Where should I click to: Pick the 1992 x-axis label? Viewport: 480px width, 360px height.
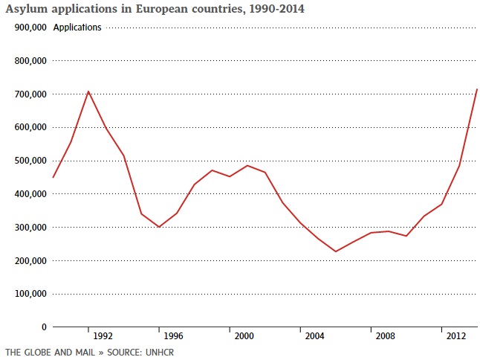coord(103,335)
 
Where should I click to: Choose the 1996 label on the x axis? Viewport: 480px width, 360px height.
coord(174,335)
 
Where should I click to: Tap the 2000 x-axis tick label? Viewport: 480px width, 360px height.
coord(244,335)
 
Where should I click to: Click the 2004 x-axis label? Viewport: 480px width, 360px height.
coord(315,335)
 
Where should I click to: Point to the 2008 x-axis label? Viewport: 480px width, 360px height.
coord(386,335)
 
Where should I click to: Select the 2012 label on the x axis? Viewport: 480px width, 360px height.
coord(456,335)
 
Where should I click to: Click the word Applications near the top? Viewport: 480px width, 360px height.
coord(77,28)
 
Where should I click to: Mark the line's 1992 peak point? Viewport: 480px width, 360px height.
coord(88,91)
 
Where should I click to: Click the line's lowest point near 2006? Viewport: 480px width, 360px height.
coord(335,251)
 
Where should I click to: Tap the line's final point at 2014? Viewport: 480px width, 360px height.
coord(476,89)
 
